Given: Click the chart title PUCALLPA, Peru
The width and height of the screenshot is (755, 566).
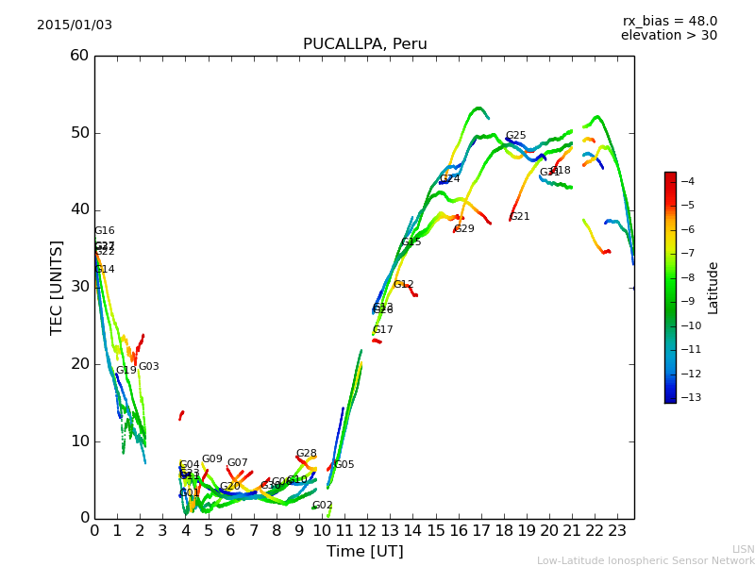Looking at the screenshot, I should point(364,44).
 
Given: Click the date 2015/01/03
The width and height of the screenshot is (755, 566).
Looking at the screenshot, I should point(75,25).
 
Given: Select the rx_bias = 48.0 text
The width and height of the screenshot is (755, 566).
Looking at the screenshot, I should point(669,22).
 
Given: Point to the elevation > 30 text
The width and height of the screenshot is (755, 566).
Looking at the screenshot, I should point(669,36).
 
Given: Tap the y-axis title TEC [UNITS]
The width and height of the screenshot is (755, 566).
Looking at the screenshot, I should point(58,287).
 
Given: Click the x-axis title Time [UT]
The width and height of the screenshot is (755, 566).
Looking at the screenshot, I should point(364,552).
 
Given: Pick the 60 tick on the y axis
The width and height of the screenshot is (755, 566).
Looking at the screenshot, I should point(79,56).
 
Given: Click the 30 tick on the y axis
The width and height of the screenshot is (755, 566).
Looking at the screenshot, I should point(79,287).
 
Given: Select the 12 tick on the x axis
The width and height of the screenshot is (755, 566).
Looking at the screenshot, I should point(367,531).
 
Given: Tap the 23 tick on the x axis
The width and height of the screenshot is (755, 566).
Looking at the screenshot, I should point(617,531).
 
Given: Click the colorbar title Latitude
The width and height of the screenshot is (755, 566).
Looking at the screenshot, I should point(713,288).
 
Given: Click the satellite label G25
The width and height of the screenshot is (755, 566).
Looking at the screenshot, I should point(515,136).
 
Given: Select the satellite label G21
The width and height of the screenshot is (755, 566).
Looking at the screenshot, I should point(519,217).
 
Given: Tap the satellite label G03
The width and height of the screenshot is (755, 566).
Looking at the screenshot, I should point(149,367).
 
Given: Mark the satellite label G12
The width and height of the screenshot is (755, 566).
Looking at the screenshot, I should point(403,285).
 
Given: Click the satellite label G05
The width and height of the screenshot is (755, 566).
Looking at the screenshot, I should point(344,465).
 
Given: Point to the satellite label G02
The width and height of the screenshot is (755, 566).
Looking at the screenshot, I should point(322,506).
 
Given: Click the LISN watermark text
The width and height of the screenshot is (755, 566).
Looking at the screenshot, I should point(744,549).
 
